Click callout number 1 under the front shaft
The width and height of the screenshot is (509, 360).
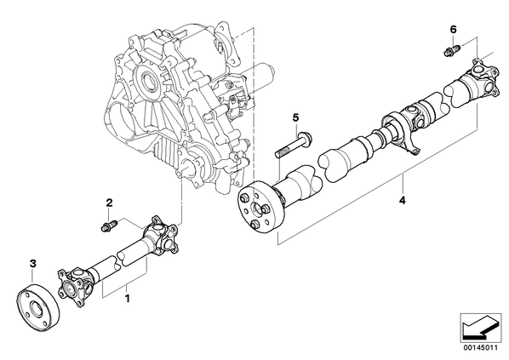[128, 298]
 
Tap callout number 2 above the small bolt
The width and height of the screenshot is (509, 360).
[110, 203]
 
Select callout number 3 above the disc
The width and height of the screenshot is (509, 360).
[32, 264]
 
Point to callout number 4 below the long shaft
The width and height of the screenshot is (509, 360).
[403, 201]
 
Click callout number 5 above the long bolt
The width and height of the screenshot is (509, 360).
[295, 117]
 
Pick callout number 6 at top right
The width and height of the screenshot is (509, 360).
[453, 30]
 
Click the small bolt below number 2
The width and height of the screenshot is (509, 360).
[109, 226]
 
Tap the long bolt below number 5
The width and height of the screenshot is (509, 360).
[293, 144]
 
